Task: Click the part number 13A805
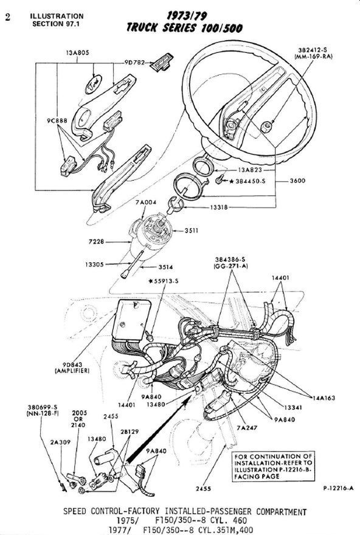78,53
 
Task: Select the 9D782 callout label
137,62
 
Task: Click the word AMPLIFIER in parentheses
72,371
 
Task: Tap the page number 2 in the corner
7,18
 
